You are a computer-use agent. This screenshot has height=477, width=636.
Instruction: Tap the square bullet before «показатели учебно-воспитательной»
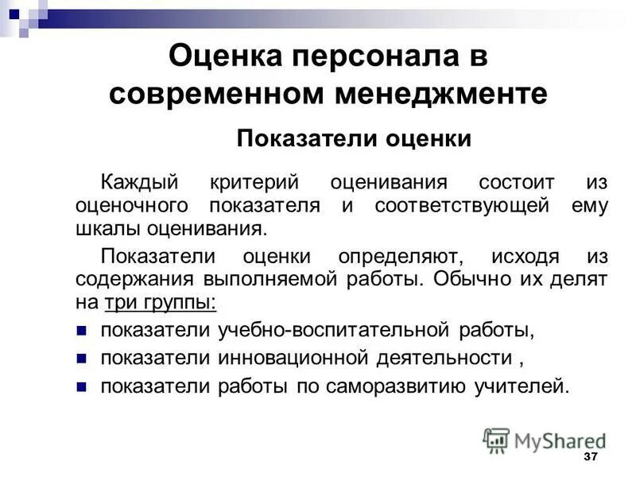coord(81,330)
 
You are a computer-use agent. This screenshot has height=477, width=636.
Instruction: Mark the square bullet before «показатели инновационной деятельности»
coord(81,359)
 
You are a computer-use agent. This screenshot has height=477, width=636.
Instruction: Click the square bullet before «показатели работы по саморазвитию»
coord(81,387)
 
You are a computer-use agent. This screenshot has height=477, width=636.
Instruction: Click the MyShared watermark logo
coord(545,440)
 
